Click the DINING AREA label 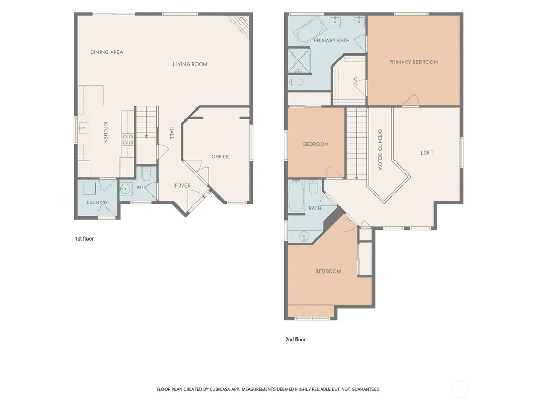(106, 52)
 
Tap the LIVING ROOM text (190, 64)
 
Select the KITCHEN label (106, 133)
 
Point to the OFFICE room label (220, 157)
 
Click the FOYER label (182, 186)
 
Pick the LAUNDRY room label (97, 203)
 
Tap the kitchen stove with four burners (128, 140)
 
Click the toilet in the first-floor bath (146, 174)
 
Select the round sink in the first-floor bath (126, 189)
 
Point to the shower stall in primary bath (299, 61)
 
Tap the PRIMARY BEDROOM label (414, 62)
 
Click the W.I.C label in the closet (355, 82)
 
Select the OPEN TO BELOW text (380, 150)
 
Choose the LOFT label (427, 153)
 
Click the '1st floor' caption (84, 238)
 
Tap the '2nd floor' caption (295, 339)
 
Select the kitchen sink (84, 128)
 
